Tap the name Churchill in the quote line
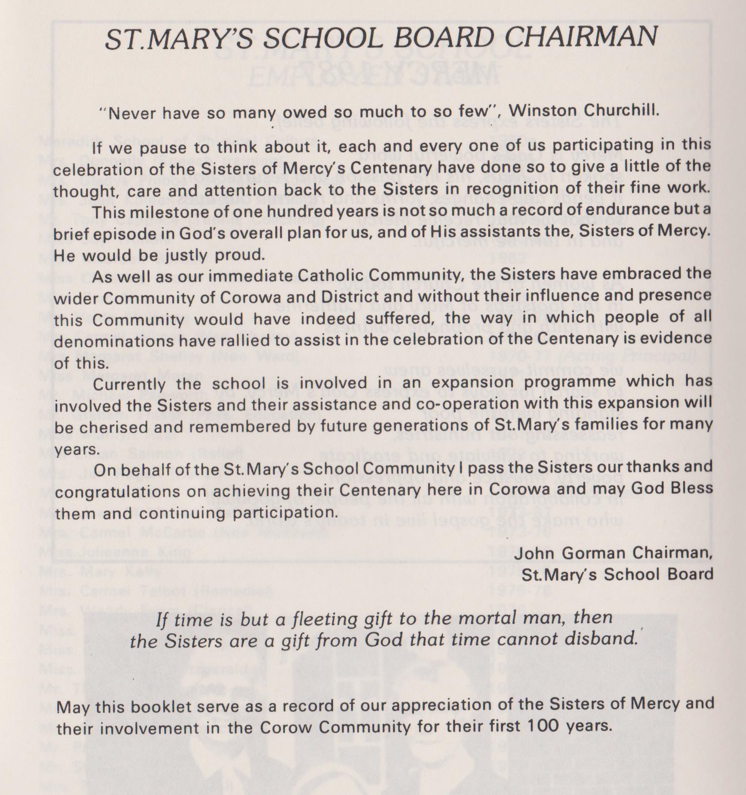(620, 110)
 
